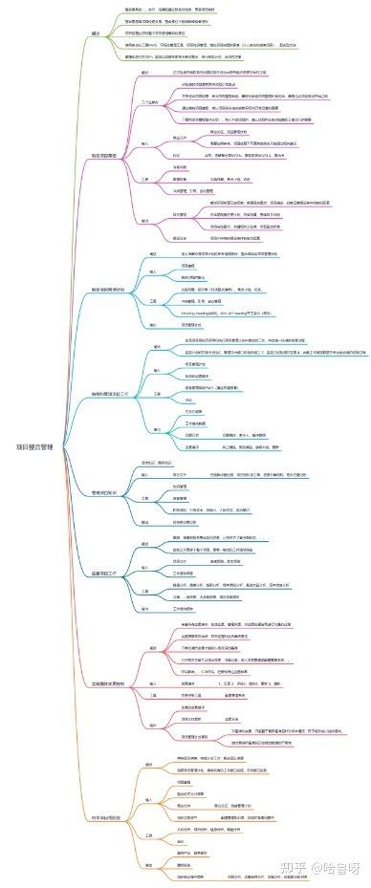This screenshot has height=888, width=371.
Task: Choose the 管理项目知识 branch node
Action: coord(103,492)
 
